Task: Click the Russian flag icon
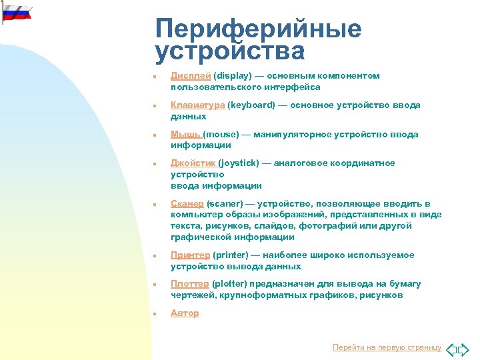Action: [15, 11]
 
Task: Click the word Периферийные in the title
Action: [258, 28]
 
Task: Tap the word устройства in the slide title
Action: [229, 51]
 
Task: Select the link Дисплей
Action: [191, 76]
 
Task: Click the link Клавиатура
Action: [198, 105]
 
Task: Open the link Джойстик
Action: [193, 163]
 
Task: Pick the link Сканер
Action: [187, 204]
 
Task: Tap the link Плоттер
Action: [190, 284]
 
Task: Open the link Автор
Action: [185, 313]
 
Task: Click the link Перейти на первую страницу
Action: [387, 347]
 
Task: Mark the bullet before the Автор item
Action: [153, 314]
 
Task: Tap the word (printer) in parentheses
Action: [231, 255]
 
